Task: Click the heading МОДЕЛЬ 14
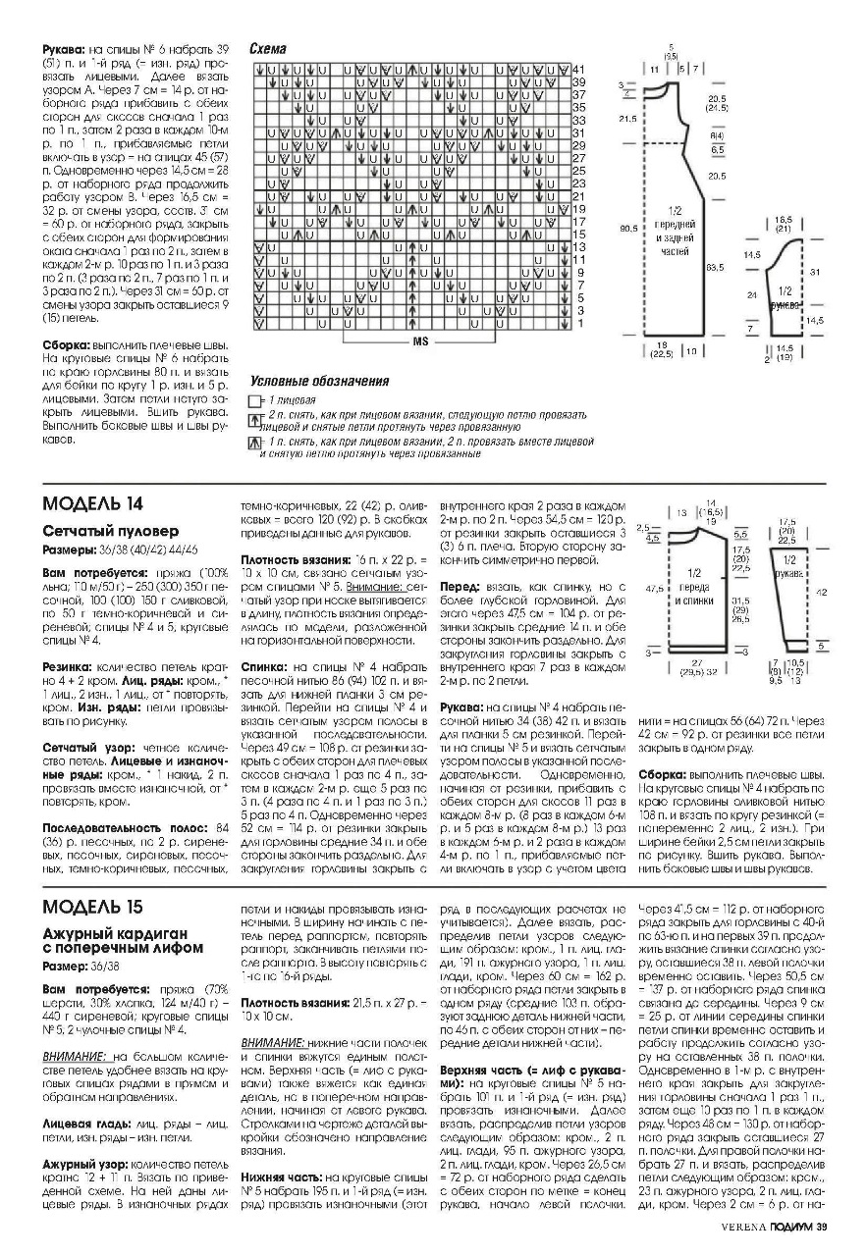[x=93, y=503]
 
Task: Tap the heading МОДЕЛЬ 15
[x=93, y=905]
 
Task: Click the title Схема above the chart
[x=267, y=47]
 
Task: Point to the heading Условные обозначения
[x=319, y=382]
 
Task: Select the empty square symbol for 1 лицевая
[x=254, y=402]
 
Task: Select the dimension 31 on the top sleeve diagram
[x=814, y=272]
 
